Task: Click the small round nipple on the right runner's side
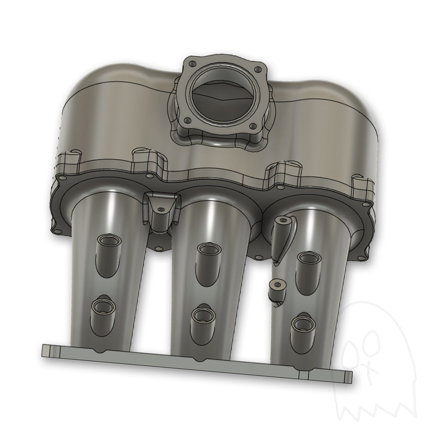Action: (277, 287)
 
